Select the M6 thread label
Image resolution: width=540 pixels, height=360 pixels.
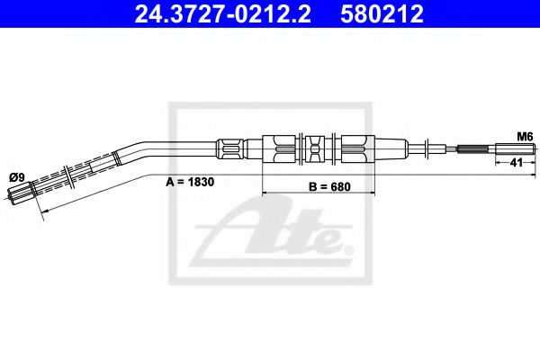tap(525, 135)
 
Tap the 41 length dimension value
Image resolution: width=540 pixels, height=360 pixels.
tap(516, 162)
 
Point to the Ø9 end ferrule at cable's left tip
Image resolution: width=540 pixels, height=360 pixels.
tap(20, 190)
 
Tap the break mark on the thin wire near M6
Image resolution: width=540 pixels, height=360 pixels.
tap(430, 148)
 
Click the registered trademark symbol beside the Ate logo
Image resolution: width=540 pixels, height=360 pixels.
tap(348, 248)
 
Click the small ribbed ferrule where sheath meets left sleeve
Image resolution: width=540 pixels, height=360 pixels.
tap(229, 146)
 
